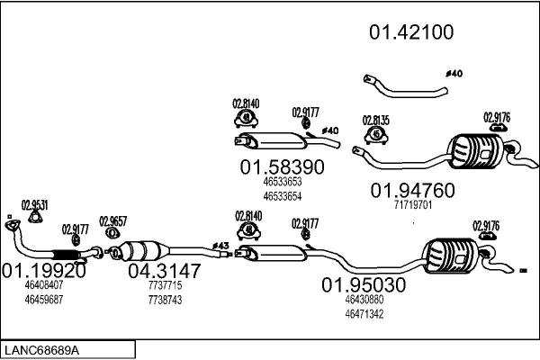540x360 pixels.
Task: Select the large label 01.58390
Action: (x=281, y=167)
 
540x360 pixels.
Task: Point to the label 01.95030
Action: (x=363, y=285)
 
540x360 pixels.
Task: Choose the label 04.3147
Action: (x=163, y=269)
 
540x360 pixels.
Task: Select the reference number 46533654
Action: (x=282, y=195)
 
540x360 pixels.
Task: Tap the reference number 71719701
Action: (x=413, y=205)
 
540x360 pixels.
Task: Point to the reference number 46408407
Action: (x=43, y=285)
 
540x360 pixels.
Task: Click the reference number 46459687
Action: (x=43, y=299)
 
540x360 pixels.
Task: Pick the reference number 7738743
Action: (x=163, y=299)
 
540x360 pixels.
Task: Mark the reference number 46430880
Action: (x=364, y=300)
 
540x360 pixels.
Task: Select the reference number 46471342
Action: (x=364, y=314)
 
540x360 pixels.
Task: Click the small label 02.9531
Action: (x=34, y=203)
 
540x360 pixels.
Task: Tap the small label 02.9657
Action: (x=113, y=220)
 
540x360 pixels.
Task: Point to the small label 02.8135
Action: (x=375, y=120)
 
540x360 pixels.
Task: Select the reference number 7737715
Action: (x=163, y=285)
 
